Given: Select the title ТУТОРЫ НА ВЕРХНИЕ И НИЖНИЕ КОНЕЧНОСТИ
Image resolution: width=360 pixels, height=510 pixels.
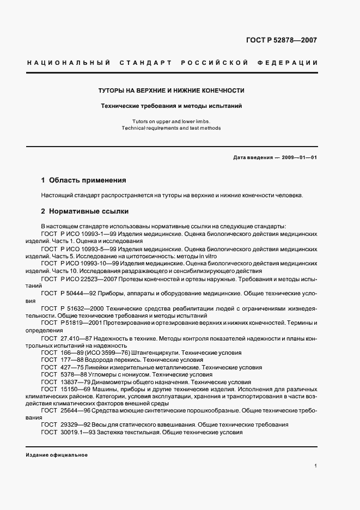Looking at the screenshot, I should (x=171, y=90).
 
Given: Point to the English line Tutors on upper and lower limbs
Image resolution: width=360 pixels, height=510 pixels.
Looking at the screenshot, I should (x=171, y=121).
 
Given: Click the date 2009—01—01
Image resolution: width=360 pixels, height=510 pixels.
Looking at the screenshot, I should (x=298, y=158).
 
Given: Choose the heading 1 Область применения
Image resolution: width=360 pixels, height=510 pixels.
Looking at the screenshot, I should (x=83, y=180).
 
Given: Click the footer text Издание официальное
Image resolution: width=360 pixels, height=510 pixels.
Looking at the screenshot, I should (x=57, y=455).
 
